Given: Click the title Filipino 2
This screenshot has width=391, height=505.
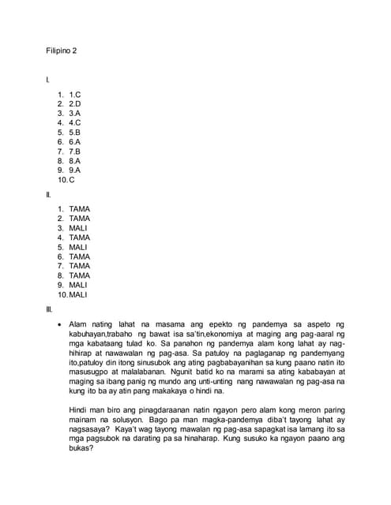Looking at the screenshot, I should coord(61,51).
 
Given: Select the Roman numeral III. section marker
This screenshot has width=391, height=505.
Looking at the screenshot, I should coord(49,310).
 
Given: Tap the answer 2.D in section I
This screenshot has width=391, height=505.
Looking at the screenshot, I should coord(75,103).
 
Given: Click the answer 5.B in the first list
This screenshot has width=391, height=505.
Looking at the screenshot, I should coord(75,132).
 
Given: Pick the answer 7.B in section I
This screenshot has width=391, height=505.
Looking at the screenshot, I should coord(75,151).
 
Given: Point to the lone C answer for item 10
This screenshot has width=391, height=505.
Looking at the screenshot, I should coord(72,179).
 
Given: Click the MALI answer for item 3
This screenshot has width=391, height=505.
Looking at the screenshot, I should coord(78,228).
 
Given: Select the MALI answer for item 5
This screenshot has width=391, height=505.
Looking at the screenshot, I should coord(78,247).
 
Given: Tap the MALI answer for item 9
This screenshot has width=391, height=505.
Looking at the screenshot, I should coord(78,285).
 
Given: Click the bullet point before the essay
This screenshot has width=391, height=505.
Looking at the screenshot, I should coord(60,324).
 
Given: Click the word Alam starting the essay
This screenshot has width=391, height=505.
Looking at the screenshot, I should coord(77,324).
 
